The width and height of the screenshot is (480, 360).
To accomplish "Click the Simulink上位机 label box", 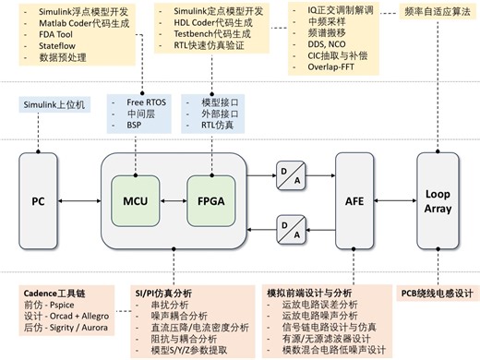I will coord(54,106).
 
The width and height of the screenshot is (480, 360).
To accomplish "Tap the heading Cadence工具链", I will coord(54,293).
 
